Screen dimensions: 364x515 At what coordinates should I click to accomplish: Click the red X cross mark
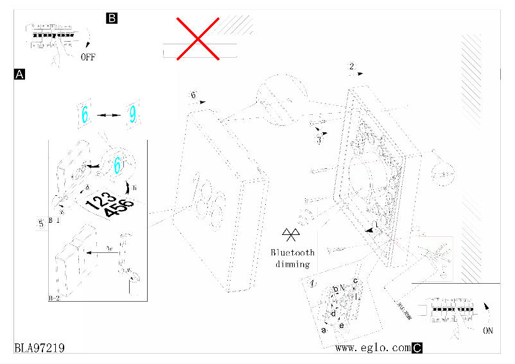coord(198,39)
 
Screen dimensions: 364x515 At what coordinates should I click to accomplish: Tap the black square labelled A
coord(19,74)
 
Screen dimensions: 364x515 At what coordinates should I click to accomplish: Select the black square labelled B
coord(111,18)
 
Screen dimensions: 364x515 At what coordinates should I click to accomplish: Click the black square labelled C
coord(417,348)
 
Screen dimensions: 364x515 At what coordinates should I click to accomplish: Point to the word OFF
coord(88,57)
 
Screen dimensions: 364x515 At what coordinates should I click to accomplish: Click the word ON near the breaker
coord(488,331)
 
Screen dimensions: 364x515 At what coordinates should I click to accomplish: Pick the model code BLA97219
coord(39,347)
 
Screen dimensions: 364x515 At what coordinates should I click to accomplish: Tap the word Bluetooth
coord(293,252)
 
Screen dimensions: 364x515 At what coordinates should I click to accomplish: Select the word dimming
coord(293,264)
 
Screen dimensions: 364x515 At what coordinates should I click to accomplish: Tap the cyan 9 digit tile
coord(132,114)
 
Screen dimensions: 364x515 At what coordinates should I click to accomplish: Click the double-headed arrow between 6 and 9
coord(108,115)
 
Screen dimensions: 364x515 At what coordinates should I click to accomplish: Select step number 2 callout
coord(351,67)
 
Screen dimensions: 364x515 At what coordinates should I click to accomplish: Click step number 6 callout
coord(193,96)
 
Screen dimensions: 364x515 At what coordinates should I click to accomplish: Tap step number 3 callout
coord(319,140)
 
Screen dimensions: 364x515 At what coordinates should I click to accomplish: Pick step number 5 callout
coord(40,223)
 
